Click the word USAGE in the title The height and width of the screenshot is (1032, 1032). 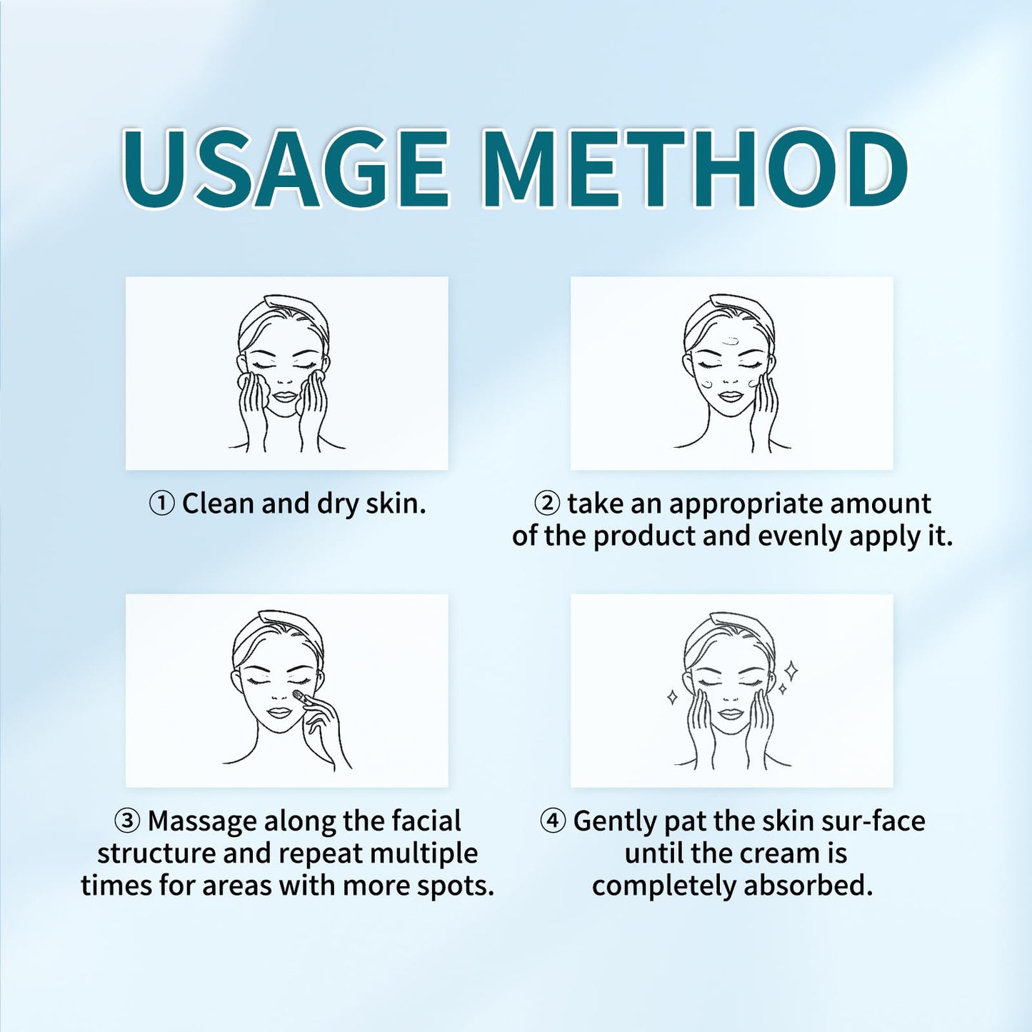[x=286, y=170]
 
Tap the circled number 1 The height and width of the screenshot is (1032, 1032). [x=161, y=504]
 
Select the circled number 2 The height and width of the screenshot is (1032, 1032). [x=547, y=504]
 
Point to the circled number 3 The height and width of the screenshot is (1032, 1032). [x=127, y=821]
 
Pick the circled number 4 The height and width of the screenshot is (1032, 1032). [x=553, y=821]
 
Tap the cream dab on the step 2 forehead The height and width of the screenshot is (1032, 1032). [x=729, y=341]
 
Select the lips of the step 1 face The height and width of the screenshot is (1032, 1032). [x=284, y=396]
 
